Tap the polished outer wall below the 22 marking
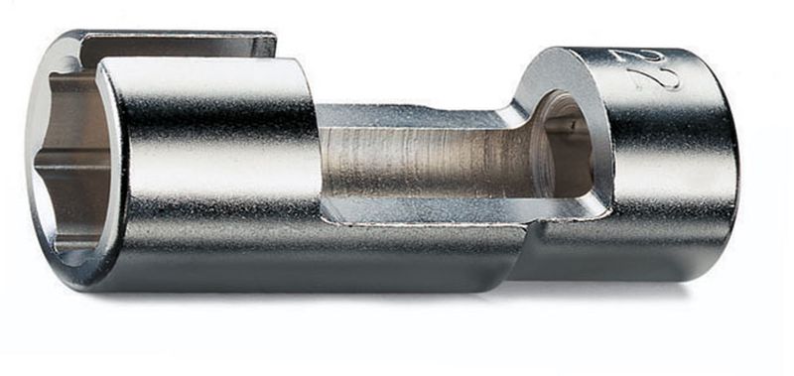pos(665,179)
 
